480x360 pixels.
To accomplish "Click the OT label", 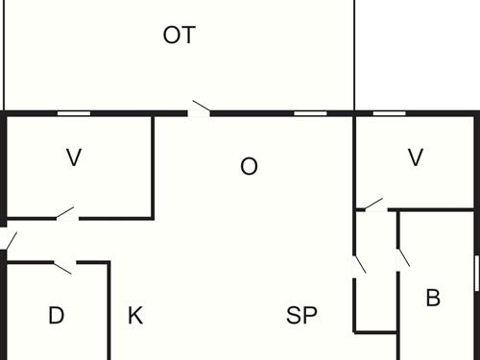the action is tap(180, 36).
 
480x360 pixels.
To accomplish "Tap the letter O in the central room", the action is tap(249, 167).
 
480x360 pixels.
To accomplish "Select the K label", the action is tap(135, 316).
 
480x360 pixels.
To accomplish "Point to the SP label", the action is tap(302, 316).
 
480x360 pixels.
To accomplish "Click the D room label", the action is tap(56, 316).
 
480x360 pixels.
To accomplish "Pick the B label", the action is tap(433, 299).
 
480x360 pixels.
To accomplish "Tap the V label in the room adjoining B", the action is tap(416, 158).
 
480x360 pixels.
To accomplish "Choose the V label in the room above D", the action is tap(74, 158).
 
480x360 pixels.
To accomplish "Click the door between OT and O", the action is tap(199, 110).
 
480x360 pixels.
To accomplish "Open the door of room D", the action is tap(64, 265).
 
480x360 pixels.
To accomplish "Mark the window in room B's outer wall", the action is tap(476, 272).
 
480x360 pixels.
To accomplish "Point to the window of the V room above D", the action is tap(74, 113).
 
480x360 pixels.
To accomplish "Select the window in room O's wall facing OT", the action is tap(308, 113).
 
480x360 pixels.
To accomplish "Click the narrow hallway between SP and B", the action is tap(376, 288).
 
